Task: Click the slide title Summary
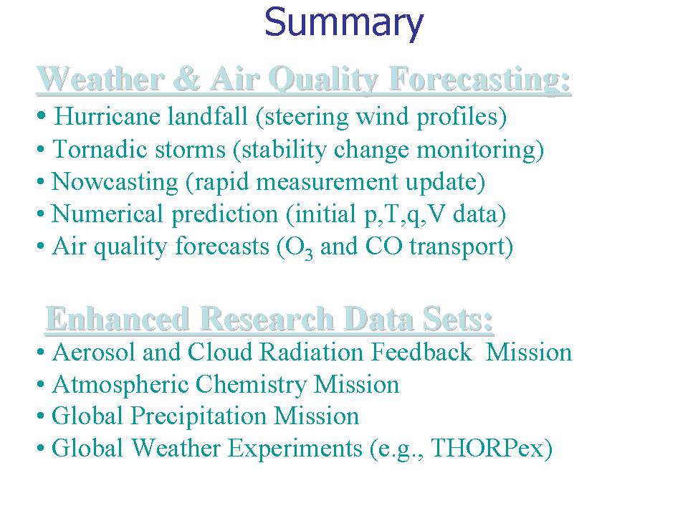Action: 343,23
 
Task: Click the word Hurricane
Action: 107,117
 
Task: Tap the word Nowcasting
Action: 115,182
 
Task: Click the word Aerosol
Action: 93,353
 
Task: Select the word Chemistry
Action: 251,386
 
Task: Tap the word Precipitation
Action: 199,416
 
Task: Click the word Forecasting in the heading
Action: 479,80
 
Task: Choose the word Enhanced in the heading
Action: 118,319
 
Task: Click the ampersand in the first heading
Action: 187,80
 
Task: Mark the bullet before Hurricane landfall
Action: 42,116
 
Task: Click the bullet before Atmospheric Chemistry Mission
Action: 41,385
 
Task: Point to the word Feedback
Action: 421,353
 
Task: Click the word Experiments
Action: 295,449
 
